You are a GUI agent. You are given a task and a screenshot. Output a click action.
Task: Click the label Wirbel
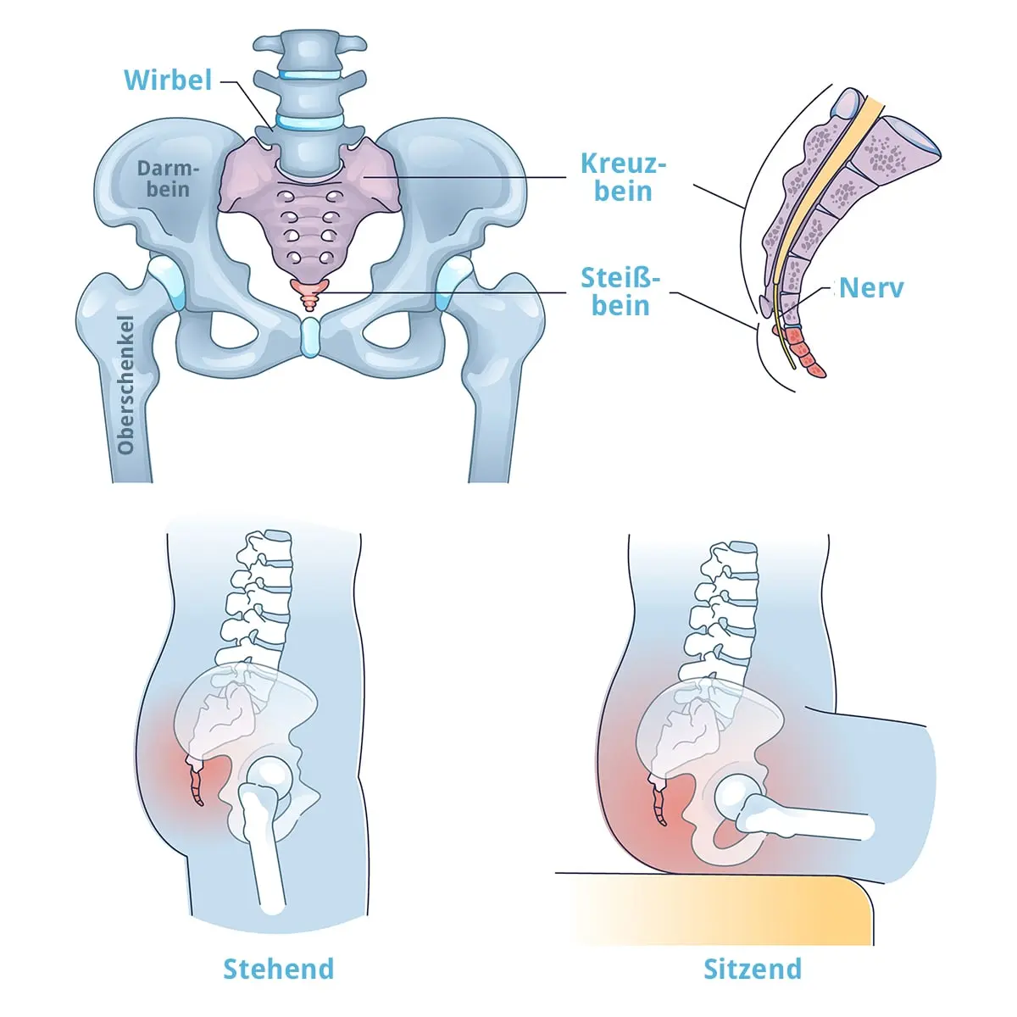coord(168,80)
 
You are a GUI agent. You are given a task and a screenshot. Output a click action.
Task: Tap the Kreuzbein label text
coord(623,177)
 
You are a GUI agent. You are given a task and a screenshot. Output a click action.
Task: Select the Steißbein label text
coord(620,292)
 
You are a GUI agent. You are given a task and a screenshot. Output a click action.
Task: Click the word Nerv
coord(871,288)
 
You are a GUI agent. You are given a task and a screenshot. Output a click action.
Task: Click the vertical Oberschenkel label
coord(126,385)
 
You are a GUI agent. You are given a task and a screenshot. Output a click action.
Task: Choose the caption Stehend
coord(278,969)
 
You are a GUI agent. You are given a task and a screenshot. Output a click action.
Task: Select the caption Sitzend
coord(753,969)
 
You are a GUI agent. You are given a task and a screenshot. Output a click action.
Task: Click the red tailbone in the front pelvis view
coord(309,293)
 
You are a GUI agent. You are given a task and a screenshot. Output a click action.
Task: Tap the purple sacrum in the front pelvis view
coord(309,212)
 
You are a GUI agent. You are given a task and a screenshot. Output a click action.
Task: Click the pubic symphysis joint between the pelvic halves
coord(310,336)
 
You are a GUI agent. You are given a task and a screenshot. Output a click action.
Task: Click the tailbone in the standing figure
coord(197,785)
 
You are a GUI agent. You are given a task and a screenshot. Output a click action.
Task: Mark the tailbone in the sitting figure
coord(659,802)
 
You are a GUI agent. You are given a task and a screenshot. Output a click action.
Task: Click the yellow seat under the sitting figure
coord(720,911)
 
